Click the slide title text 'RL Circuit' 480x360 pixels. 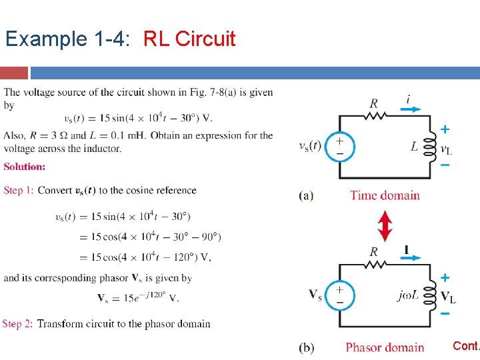point(189,39)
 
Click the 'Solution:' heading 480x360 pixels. point(25,167)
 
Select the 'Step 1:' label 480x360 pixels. point(19,191)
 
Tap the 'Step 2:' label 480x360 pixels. point(17,324)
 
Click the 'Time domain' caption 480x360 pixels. point(385,195)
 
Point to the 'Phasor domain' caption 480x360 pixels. point(385,347)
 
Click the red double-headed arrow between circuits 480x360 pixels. point(385,225)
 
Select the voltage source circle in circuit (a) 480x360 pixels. point(339,146)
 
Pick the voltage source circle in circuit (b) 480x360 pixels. point(339,295)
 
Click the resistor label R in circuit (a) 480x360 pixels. point(374,103)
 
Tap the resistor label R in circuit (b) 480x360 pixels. point(374,252)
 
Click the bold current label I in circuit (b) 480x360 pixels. point(406,250)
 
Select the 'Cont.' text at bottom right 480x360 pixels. point(466,346)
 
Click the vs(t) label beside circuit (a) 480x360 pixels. point(311,147)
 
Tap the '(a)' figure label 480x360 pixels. point(307,195)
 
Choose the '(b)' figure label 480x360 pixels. point(307,347)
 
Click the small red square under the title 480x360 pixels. point(14,73)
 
